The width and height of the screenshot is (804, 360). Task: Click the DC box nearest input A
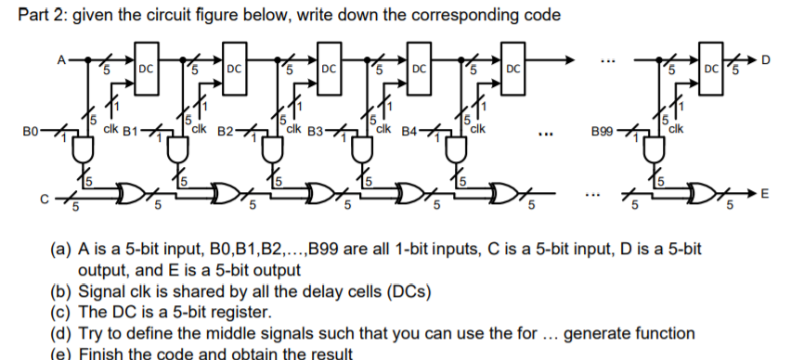(x=146, y=67)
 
